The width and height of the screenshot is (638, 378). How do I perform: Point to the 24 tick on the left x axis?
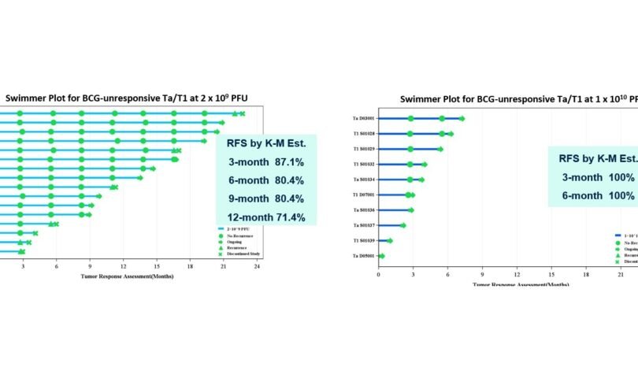click(258, 268)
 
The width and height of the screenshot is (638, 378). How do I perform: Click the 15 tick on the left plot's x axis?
click(157, 268)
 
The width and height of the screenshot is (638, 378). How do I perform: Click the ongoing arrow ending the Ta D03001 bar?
click(462, 119)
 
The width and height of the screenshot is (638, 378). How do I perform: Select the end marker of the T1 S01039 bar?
click(389, 241)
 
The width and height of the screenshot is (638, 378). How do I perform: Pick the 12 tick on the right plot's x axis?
click(517, 273)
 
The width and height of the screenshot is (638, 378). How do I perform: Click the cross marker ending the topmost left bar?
click(243, 114)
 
